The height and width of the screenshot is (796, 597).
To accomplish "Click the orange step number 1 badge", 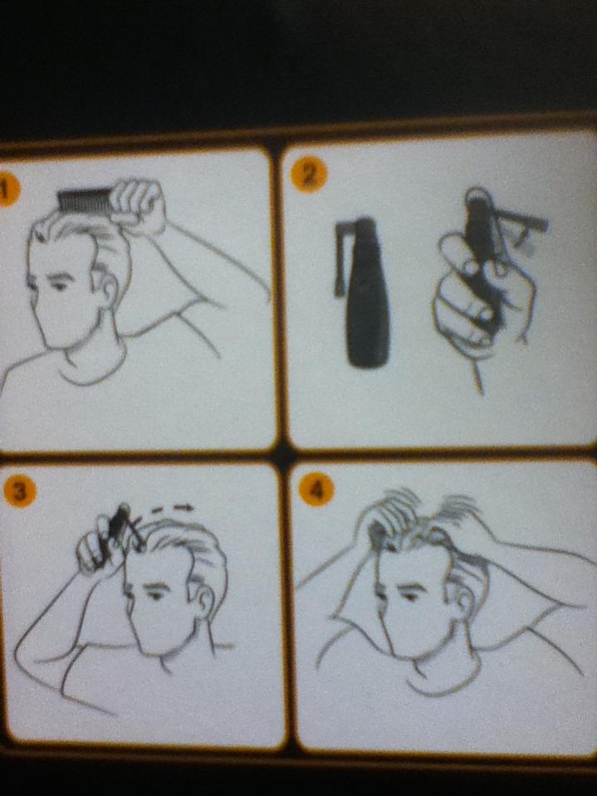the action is pos(7,191).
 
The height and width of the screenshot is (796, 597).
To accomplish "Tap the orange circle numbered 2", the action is pos(309,175).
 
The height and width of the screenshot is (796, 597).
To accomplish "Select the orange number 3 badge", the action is pos(19,491).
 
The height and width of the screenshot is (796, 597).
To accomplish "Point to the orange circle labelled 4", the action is pos(316,490).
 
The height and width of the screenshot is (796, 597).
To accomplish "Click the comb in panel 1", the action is pos(86,201).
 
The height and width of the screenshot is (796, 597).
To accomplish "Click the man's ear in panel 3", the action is pos(204,599).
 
